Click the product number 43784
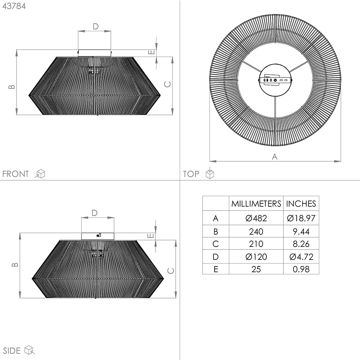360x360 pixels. point(14,6)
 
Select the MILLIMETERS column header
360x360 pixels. point(256,204)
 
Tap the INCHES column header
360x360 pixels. point(301,204)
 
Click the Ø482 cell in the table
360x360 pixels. point(256,218)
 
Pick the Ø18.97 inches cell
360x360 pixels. point(301,218)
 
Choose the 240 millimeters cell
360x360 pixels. point(256,231)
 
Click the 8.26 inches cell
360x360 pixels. point(301,244)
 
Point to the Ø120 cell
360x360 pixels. point(256,257)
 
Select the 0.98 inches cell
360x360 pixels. point(301,269)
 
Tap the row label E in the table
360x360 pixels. point(216,269)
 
